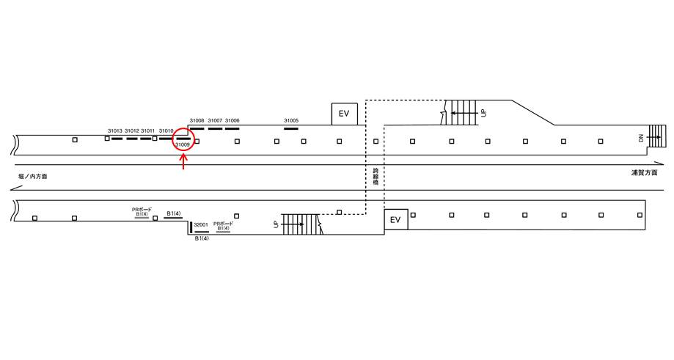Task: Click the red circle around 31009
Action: click(x=183, y=138)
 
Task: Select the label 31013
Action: click(x=115, y=131)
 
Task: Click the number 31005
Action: click(x=291, y=120)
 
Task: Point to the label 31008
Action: click(x=197, y=120)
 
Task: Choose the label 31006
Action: click(x=232, y=120)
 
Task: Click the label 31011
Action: click(x=148, y=131)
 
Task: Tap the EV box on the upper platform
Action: click(x=345, y=114)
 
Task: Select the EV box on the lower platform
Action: click(x=396, y=219)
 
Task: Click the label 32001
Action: click(x=201, y=224)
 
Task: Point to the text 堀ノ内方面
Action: click(x=33, y=177)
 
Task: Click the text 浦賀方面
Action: click(x=644, y=173)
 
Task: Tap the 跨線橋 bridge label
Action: click(x=375, y=177)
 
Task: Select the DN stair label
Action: click(x=641, y=138)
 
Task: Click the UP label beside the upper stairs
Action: click(x=483, y=113)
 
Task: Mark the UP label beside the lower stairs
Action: click(x=276, y=224)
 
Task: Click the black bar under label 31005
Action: click(x=291, y=128)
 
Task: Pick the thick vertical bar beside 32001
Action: click(x=191, y=227)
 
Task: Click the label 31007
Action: click(x=215, y=120)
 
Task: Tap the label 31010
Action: click(x=166, y=131)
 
